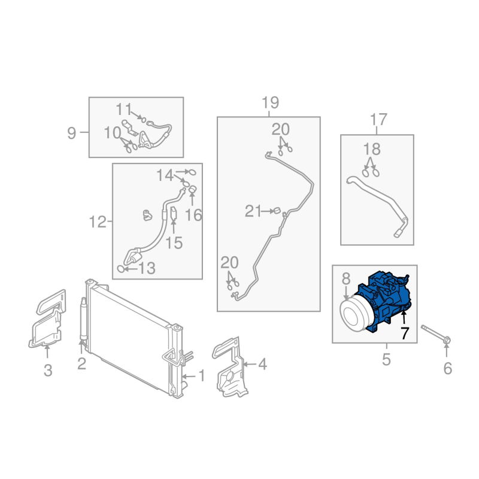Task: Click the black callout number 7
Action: point(405,334)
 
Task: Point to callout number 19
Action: point(271,102)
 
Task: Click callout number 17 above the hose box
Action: point(378,119)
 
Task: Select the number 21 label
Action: point(253,211)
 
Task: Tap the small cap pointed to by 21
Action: point(277,211)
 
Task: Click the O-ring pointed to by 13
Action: point(121,269)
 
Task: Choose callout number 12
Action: point(98,222)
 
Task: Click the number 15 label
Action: point(174,243)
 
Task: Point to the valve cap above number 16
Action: point(192,190)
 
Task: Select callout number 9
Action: point(71,133)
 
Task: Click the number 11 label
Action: point(124,110)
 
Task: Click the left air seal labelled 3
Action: point(47,319)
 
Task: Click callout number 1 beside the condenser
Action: point(202,375)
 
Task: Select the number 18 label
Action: point(372,149)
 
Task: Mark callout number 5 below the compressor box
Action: point(386,360)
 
